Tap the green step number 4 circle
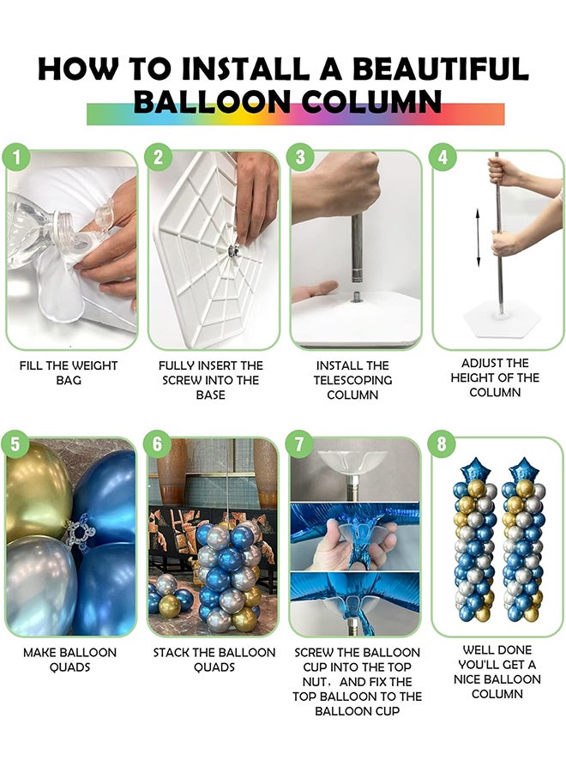443,158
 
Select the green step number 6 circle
157,444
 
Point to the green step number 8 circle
443,444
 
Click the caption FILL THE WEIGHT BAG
69,372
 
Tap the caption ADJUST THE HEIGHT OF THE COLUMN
495,377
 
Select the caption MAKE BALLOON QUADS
69,660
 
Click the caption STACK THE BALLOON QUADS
214,660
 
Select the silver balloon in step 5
39,583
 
